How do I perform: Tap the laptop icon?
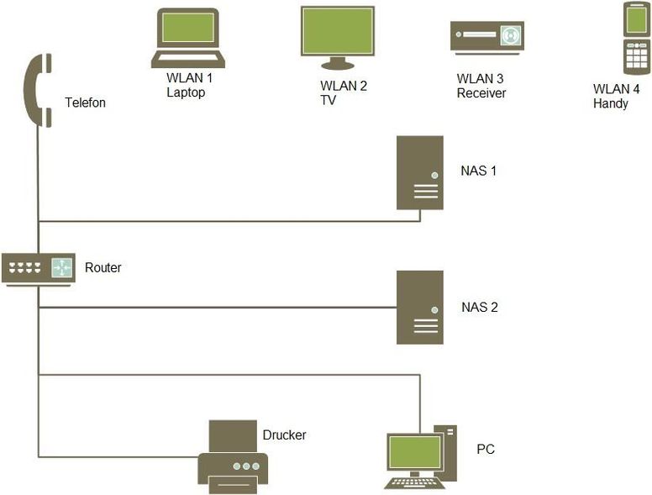pos(188,39)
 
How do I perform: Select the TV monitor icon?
pos(338,38)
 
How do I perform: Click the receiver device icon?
pos(487,39)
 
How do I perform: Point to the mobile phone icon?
pos(636,39)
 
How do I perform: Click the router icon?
pos(39,270)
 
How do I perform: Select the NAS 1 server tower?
pos(420,172)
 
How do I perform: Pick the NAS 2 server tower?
pos(420,308)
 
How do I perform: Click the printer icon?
pos(233,457)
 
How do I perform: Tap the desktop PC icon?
pos(421,457)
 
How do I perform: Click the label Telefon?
pos(85,103)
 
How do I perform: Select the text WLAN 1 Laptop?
pos(190,85)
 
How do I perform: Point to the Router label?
pos(103,267)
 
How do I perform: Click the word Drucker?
pos(285,435)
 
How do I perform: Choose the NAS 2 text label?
pos(480,307)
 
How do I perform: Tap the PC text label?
pos(486,450)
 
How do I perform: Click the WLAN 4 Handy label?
pos(616,96)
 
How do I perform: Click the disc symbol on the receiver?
pos(509,35)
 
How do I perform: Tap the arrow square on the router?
pos(61,267)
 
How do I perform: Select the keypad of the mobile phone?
pos(637,58)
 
